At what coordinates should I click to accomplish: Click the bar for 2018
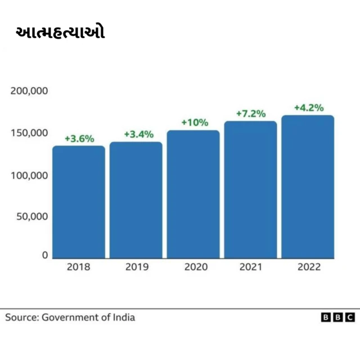coord(79,202)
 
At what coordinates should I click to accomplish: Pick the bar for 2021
coord(250,190)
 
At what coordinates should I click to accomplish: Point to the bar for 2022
coord(308,187)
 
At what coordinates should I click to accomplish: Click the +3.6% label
coord(79,138)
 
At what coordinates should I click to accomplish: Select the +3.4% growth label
coord(138,134)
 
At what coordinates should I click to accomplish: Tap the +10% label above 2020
coord(195,122)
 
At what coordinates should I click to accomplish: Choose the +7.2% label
coord(250,114)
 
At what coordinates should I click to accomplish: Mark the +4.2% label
coord(309,107)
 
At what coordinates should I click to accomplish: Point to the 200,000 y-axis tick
coord(29,91)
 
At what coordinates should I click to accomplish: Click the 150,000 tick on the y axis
coord(29,133)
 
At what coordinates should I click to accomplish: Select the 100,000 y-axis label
coord(29,175)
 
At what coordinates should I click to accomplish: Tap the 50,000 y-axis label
coord(31,217)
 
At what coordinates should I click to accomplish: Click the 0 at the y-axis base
coord(44,255)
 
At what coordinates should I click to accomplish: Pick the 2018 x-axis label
coord(78,267)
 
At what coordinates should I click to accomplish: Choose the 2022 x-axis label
coord(309,267)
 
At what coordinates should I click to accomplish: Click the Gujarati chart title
coord(60,33)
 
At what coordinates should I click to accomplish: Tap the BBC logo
coord(337,318)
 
